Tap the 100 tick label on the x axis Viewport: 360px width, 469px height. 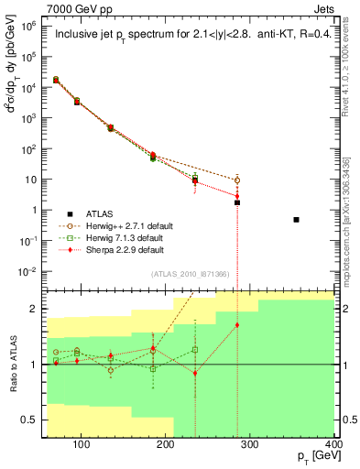point(81,447)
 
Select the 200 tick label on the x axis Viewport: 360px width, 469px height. point(166,447)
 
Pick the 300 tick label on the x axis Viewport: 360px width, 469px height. point(251,447)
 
